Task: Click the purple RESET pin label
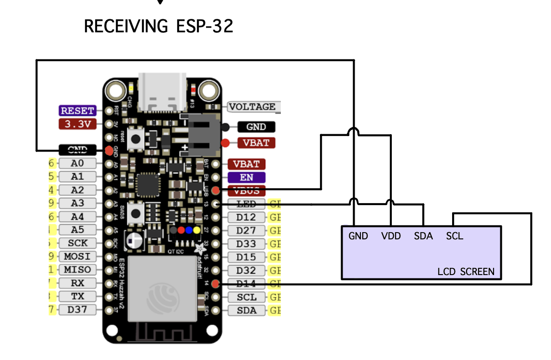click(x=77, y=111)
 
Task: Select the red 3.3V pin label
click(x=77, y=124)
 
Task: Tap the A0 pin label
click(x=77, y=164)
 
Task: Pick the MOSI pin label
click(x=77, y=256)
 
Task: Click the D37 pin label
click(x=77, y=309)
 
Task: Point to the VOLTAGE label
click(x=252, y=107)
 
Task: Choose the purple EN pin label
click(x=247, y=178)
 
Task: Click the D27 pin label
click(x=247, y=230)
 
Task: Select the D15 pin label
click(x=247, y=257)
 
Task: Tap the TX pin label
click(x=77, y=296)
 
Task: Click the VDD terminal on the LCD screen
click(x=391, y=236)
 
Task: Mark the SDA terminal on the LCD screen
click(x=423, y=236)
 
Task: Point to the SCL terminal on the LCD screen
click(x=455, y=236)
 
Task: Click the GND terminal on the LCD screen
click(x=358, y=236)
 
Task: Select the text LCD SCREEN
click(x=466, y=271)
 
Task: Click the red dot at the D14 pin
click(x=215, y=284)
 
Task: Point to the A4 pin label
click(x=77, y=217)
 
